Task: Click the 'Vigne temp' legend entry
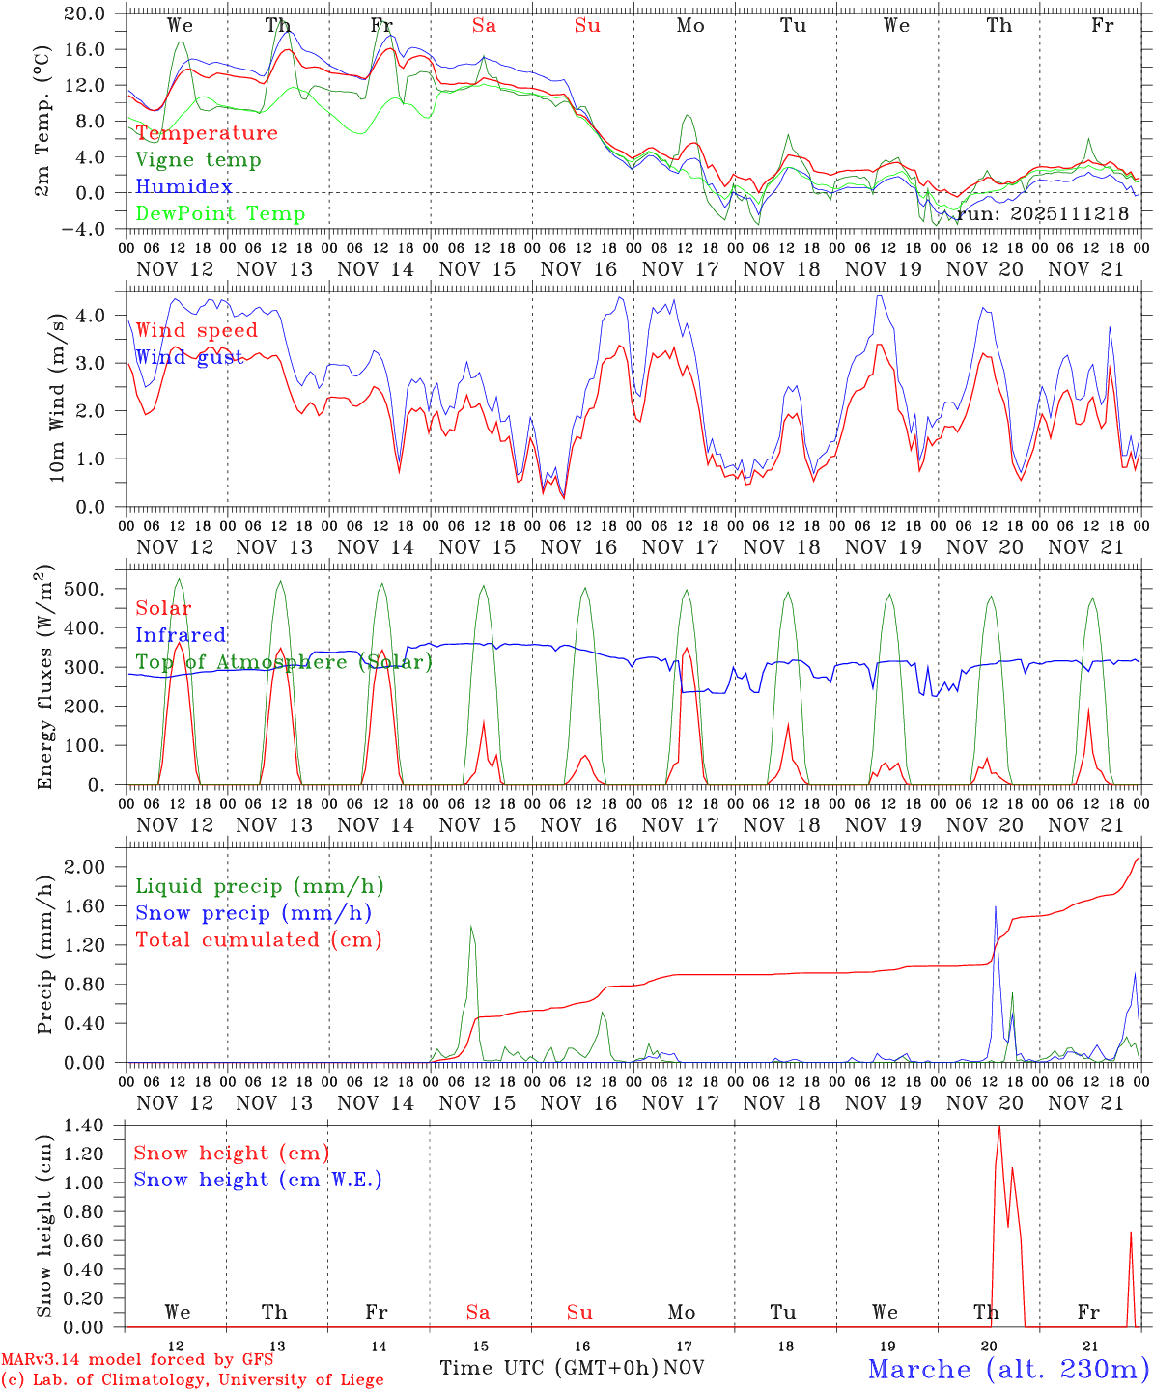point(198,160)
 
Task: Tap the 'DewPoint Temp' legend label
point(220,214)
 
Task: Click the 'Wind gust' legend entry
point(189,358)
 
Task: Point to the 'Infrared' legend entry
point(181,635)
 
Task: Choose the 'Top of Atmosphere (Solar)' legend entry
point(284,662)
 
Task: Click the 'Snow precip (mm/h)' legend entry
point(253,913)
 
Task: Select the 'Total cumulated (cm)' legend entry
point(258,940)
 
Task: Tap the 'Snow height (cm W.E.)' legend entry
point(258,1180)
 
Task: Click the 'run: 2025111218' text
point(1043,213)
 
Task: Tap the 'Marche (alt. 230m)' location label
point(1007,1369)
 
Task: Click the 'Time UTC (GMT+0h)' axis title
point(548,1368)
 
